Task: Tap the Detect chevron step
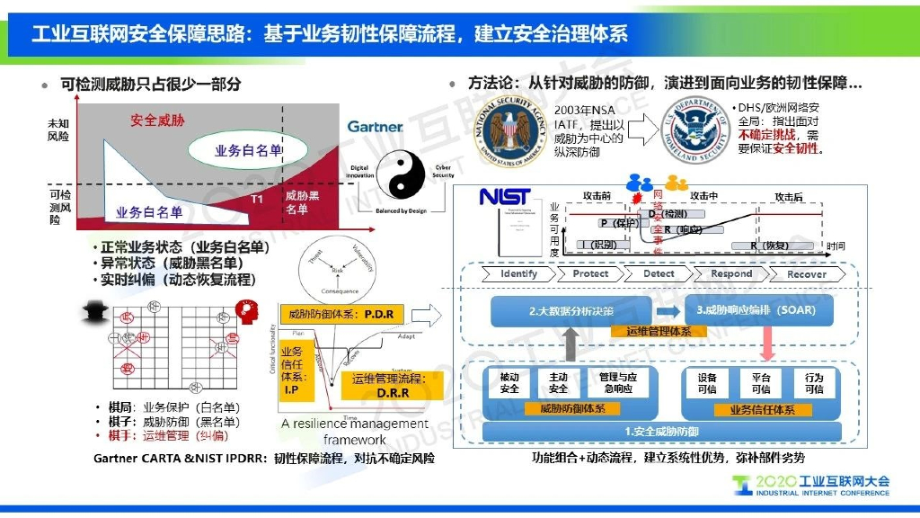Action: pos(659,273)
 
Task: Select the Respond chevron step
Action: pos(730,273)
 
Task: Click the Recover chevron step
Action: pos(806,273)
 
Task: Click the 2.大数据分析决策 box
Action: pos(571,311)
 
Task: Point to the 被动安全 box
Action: pos(509,384)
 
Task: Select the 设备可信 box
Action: pos(707,384)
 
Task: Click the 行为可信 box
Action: pos(814,384)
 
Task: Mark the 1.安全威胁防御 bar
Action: pos(661,432)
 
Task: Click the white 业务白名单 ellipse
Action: pos(248,150)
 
